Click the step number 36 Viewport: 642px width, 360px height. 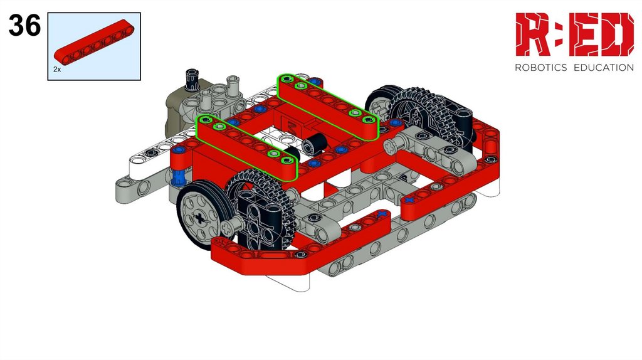click(x=24, y=25)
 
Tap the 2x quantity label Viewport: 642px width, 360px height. click(x=57, y=70)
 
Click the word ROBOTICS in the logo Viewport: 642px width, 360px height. click(x=540, y=68)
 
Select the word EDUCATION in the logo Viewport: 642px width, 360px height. click(x=604, y=68)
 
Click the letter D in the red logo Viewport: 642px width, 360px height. click(x=618, y=34)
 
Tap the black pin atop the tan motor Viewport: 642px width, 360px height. click(x=192, y=79)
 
